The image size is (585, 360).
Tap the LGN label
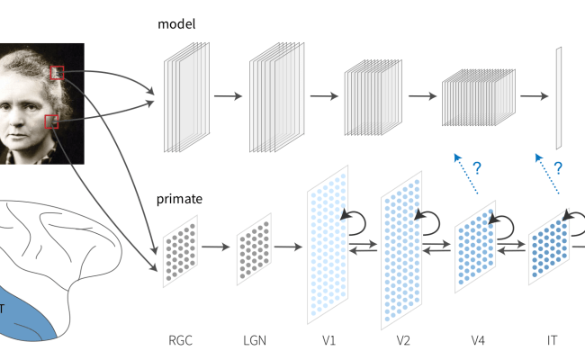[255, 341]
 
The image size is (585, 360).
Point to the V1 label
[328, 341]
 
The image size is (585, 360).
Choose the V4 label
[478, 341]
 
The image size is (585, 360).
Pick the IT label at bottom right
[552, 341]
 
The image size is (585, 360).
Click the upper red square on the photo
[57, 72]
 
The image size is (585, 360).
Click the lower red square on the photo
[52, 121]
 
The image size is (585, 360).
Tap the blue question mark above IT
[557, 167]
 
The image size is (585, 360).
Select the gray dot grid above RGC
[180, 250]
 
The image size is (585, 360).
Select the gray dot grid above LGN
[255, 250]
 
